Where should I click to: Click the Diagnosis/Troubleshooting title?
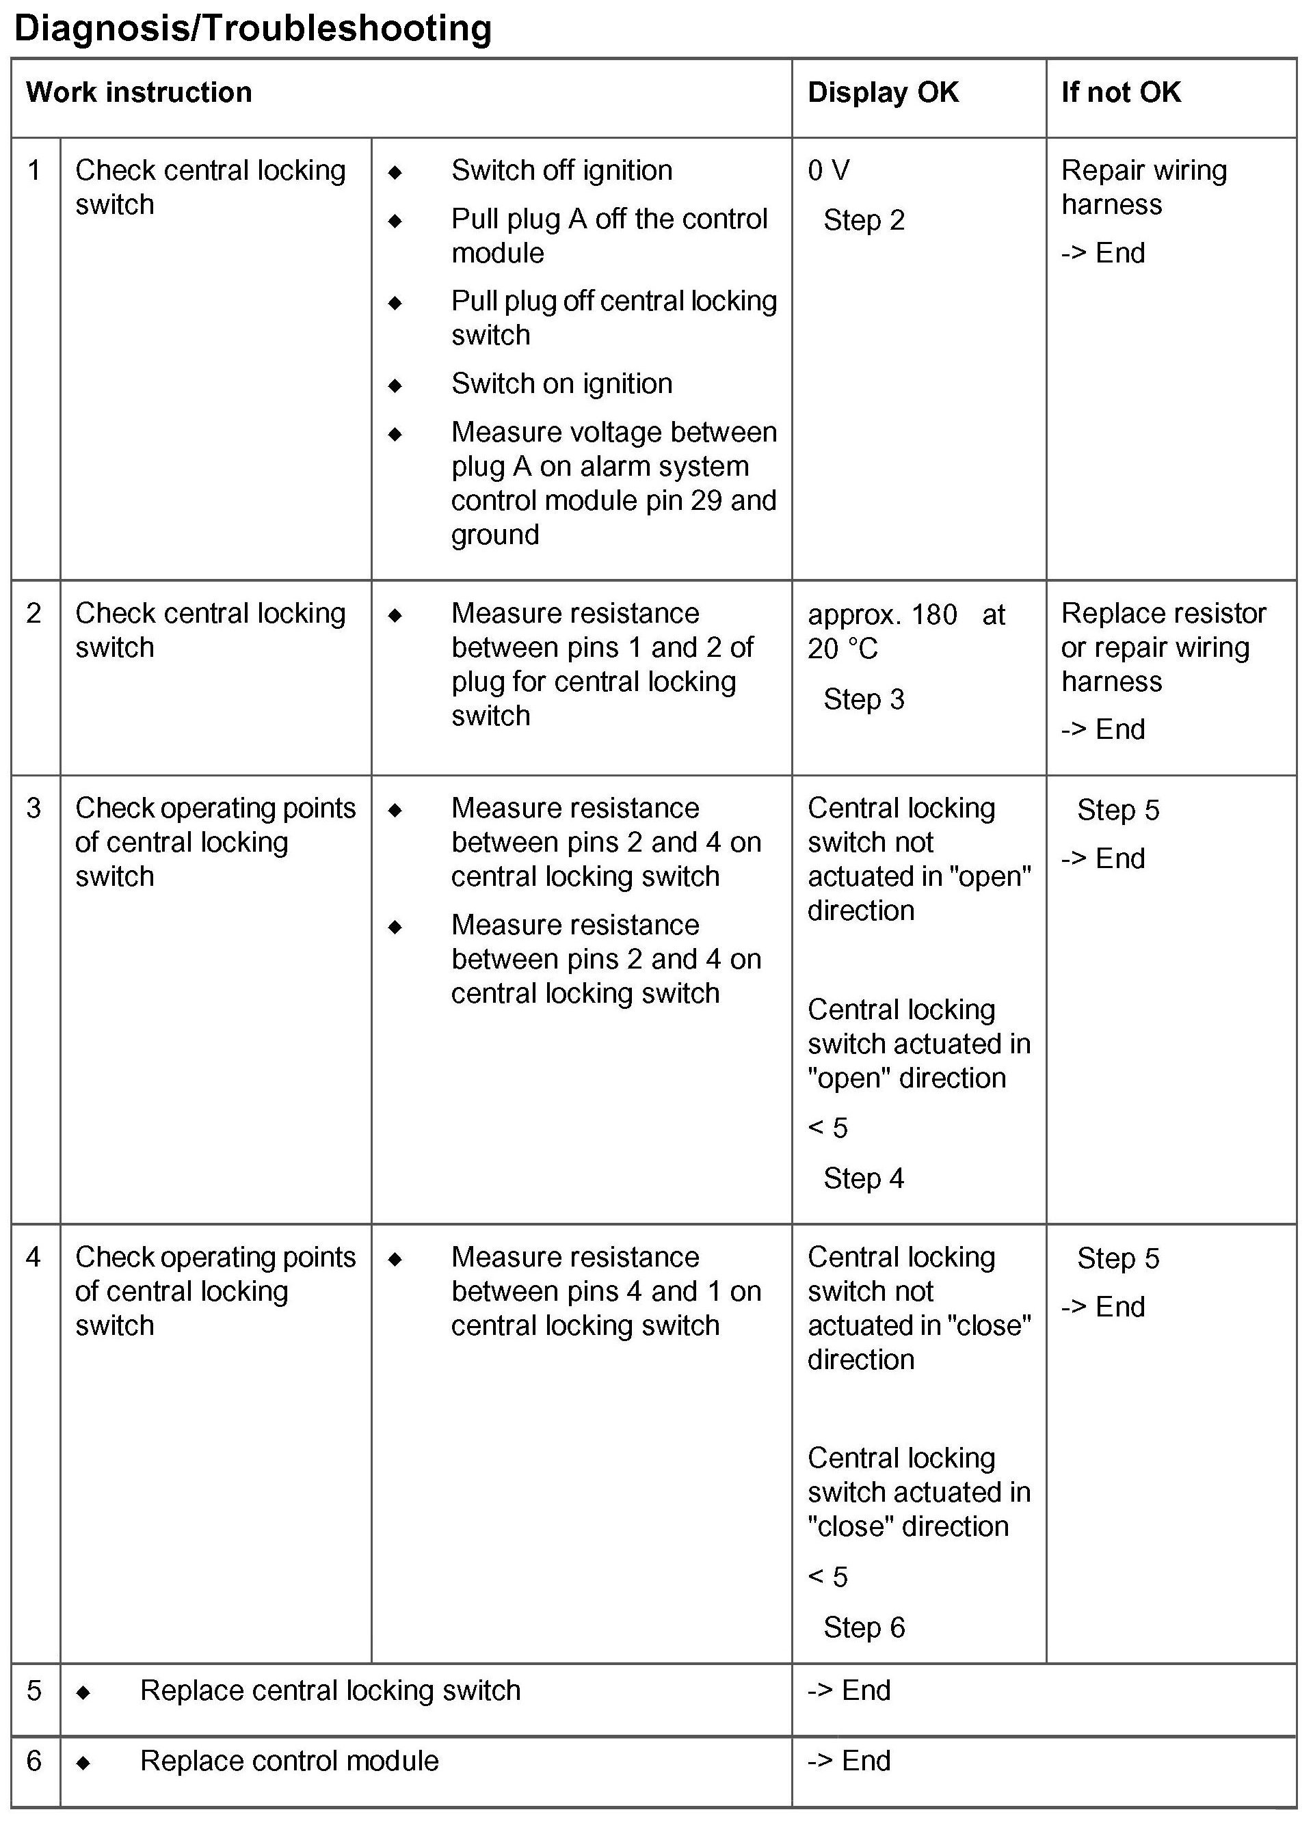tap(253, 28)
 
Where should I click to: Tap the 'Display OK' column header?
tap(883, 92)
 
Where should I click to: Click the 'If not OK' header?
tap(1121, 92)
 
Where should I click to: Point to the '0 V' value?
tap(828, 171)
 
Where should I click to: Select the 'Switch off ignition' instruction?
tap(561, 171)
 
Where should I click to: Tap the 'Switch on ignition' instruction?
tap(561, 384)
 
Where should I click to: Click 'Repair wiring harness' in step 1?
tap(1143, 187)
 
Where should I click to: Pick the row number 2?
tap(34, 613)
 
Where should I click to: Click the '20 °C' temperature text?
tap(842, 649)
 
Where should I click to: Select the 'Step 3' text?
tap(864, 699)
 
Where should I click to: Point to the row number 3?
tap(34, 808)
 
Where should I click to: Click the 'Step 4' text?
tap(864, 1179)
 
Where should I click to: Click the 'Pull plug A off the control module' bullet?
tap(609, 236)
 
